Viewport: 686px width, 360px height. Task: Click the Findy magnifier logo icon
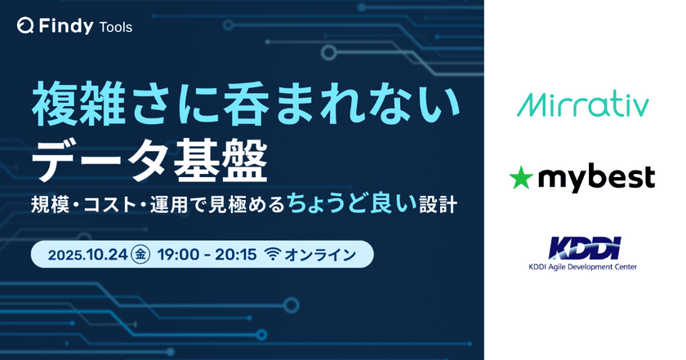25,27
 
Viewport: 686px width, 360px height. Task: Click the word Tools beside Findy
115,27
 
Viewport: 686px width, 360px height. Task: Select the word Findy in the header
65,27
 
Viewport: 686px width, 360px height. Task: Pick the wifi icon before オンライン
271,255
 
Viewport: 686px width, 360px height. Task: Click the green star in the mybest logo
520,176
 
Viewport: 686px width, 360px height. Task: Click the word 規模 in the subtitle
48,203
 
